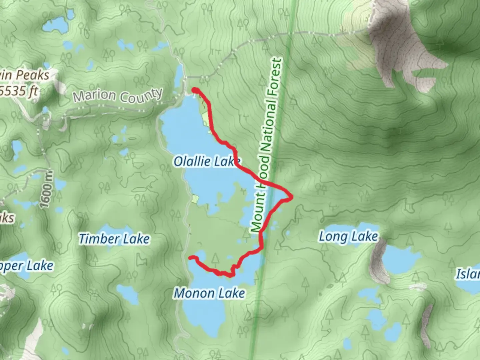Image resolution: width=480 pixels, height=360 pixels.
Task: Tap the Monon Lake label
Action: coord(209,293)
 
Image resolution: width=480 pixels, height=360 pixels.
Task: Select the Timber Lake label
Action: coord(114,239)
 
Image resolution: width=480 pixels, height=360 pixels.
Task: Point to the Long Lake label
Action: coord(348,237)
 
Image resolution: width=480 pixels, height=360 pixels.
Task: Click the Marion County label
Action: coord(118,96)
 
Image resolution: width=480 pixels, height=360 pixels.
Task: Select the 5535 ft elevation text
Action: coord(18,91)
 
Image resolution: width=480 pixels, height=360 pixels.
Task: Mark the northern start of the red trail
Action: coord(194,90)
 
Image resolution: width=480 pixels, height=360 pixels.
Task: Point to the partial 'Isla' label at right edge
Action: coord(468,274)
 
